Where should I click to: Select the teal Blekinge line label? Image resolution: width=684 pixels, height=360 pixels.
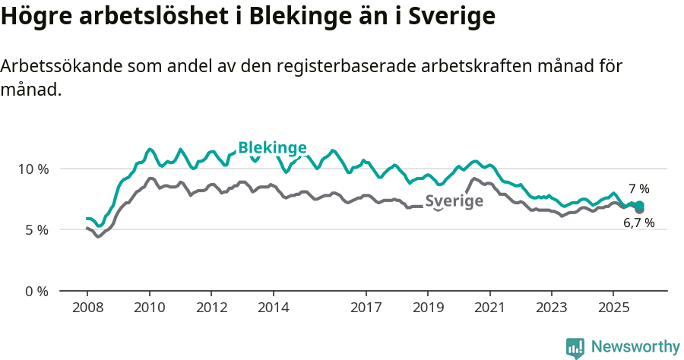[272, 147]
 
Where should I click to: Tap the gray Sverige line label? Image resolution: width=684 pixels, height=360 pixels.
[454, 201]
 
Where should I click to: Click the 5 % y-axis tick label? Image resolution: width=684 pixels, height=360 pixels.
[36, 229]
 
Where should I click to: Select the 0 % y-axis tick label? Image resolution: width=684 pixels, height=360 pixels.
[36, 291]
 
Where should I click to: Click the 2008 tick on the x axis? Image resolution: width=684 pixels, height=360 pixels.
[87, 308]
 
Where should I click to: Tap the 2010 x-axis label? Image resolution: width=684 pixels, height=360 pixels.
[149, 308]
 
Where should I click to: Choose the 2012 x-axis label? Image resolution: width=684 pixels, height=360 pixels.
[211, 308]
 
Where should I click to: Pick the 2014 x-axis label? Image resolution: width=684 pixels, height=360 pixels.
[273, 308]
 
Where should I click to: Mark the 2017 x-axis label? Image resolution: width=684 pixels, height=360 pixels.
[366, 308]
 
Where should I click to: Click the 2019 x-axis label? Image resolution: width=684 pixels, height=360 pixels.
[427, 308]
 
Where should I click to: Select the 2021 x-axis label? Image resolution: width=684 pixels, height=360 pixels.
[489, 308]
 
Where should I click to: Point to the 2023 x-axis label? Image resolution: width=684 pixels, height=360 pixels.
[551, 308]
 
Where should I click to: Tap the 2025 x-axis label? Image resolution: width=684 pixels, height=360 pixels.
[613, 308]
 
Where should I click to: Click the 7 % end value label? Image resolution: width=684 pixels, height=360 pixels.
[638, 189]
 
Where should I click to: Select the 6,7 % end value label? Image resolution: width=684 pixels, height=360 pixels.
[638, 223]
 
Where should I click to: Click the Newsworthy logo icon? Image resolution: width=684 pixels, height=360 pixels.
[575, 347]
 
